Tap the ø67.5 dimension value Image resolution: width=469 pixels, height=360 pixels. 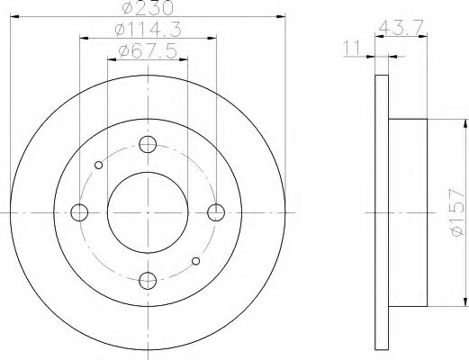pyautogui.click(x=149, y=52)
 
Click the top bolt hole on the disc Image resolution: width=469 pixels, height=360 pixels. pyautogui.click(x=149, y=145)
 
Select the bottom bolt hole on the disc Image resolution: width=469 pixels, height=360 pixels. pyautogui.click(x=149, y=280)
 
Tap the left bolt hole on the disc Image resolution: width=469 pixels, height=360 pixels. pyautogui.click(x=80, y=212)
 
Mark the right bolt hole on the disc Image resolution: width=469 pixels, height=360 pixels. pyautogui.click(x=216, y=212)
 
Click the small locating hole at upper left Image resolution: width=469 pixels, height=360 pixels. pyautogui.click(x=99, y=165)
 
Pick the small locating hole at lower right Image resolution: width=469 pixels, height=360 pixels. pyautogui.click(x=197, y=261)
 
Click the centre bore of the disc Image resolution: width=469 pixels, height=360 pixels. pyautogui.click(x=149, y=212)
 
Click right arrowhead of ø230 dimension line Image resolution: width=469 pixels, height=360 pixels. pyautogui.click(x=280, y=15)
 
